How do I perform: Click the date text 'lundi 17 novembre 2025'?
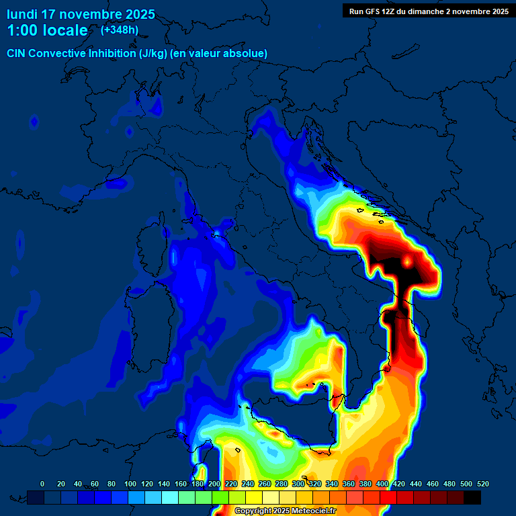(x=81, y=14)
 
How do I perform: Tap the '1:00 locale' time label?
(x=47, y=30)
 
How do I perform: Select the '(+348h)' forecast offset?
(x=120, y=30)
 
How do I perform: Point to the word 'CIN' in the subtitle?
(x=16, y=53)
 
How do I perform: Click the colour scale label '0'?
(x=42, y=484)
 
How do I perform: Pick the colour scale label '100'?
(x=130, y=484)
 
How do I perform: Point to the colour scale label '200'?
(x=214, y=484)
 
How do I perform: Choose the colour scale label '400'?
(x=382, y=484)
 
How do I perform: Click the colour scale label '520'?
(x=482, y=484)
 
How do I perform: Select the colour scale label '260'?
(x=264, y=484)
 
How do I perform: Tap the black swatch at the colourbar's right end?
(x=472, y=497)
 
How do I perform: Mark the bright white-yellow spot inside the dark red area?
(x=407, y=261)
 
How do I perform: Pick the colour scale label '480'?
(x=449, y=484)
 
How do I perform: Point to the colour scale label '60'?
(x=95, y=484)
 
